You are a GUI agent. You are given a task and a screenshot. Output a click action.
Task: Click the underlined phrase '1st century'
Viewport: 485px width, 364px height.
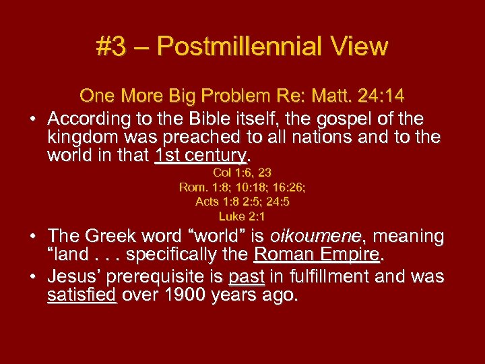click(x=199, y=156)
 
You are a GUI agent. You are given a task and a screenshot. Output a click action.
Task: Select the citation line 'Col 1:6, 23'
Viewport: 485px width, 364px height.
click(x=242, y=173)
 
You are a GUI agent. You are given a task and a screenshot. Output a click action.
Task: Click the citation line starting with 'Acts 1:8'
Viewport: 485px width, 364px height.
click(x=242, y=202)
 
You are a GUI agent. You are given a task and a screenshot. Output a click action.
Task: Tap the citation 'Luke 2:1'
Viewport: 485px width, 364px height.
click(x=242, y=216)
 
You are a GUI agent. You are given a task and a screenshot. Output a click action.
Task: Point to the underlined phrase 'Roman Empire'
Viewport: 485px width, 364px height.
click(x=317, y=255)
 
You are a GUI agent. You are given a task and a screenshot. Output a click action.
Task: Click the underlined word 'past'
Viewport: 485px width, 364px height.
click(x=246, y=276)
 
